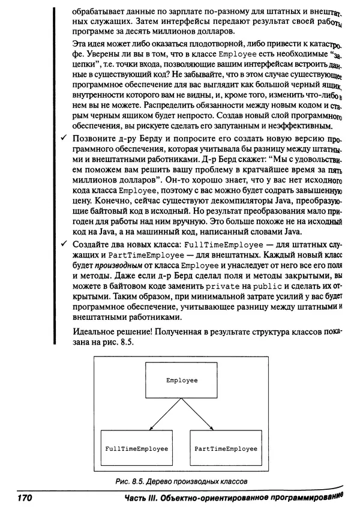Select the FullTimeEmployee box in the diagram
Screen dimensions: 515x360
point(136,448)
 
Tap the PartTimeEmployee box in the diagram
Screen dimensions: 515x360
point(226,448)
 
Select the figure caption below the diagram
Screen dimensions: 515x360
point(182,481)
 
